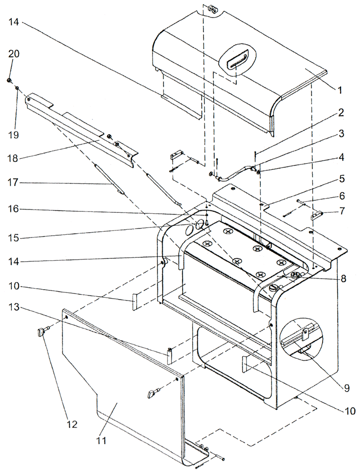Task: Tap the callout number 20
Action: click(14, 54)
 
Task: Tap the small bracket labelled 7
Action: click(316, 215)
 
